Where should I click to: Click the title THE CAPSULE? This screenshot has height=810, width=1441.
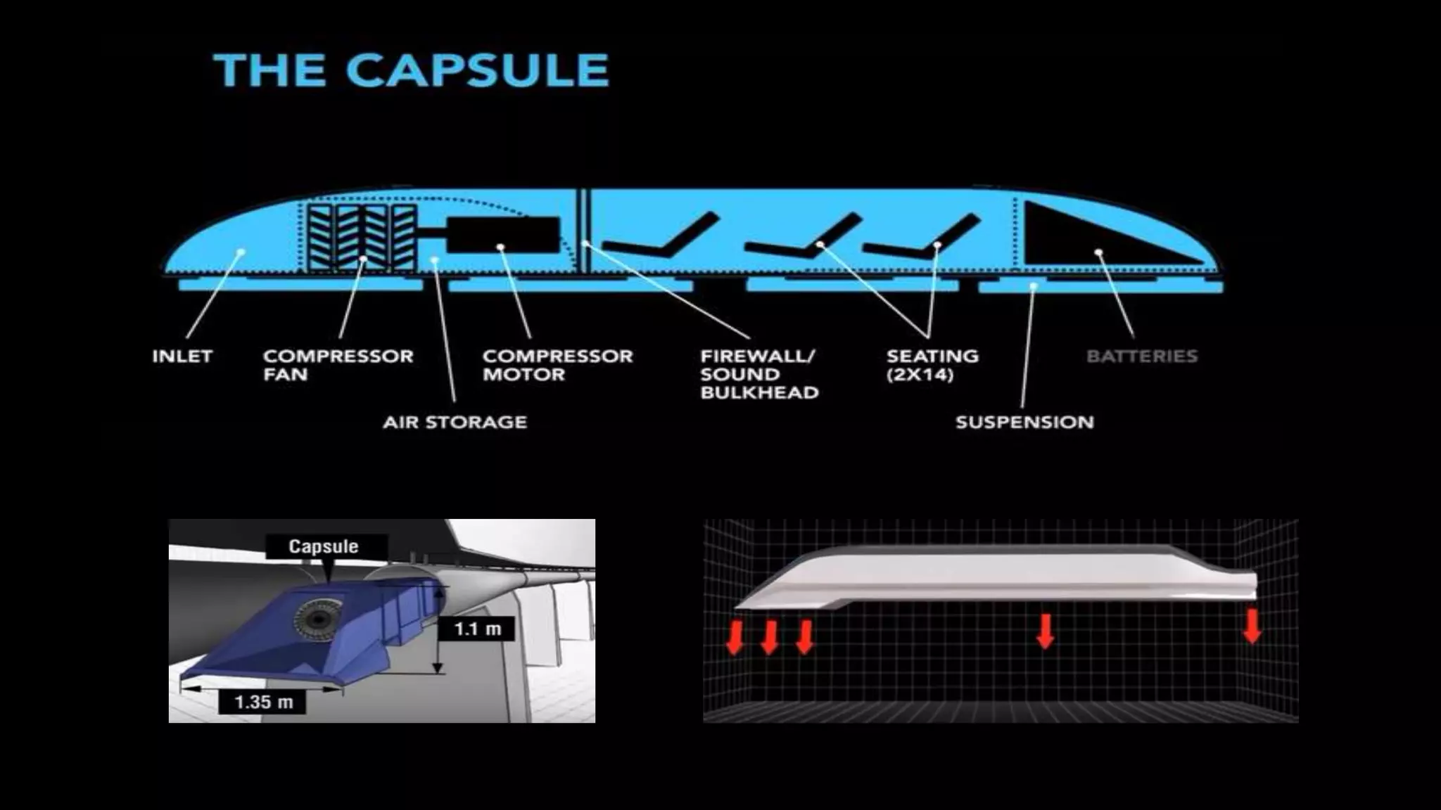pyautogui.click(x=412, y=70)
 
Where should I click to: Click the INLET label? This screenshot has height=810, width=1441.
pyautogui.click(x=182, y=356)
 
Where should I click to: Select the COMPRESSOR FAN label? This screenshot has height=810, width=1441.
pyautogui.click(x=338, y=365)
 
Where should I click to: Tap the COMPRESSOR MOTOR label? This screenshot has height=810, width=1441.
pyautogui.click(x=557, y=365)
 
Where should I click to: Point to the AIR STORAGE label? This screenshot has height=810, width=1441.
pyautogui.click(x=455, y=423)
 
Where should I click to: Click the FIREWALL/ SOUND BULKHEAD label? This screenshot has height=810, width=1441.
pyautogui.click(x=759, y=374)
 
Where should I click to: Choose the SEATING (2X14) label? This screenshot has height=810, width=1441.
pyautogui.click(x=932, y=365)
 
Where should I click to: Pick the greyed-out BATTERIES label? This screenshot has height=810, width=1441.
pyautogui.click(x=1141, y=356)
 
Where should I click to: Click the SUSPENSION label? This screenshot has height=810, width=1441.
pyautogui.click(x=1024, y=423)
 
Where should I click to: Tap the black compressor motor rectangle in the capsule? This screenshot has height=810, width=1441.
pyautogui.click(x=503, y=234)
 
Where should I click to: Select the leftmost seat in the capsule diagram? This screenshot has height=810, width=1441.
pyautogui.click(x=658, y=239)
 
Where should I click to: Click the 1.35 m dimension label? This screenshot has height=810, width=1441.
pyautogui.click(x=262, y=702)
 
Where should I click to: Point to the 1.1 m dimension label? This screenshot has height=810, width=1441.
pyautogui.click(x=477, y=629)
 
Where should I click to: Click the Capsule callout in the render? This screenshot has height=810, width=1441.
pyautogui.click(x=324, y=546)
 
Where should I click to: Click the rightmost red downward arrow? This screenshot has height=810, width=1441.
pyautogui.click(x=1252, y=626)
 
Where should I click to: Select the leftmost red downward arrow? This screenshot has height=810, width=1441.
pyautogui.click(x=735, y=637)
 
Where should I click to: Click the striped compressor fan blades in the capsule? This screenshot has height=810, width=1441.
pyautogui.click(x=362, y=238)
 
